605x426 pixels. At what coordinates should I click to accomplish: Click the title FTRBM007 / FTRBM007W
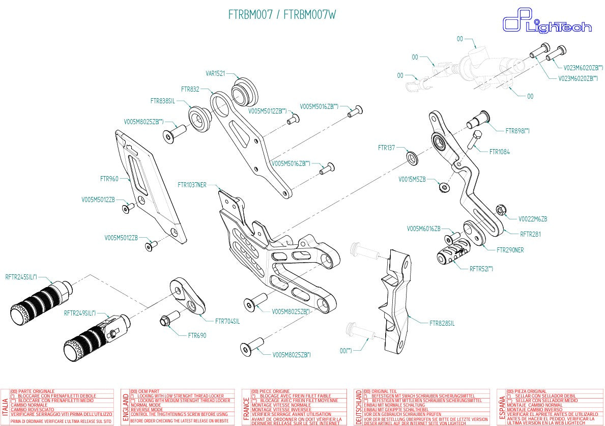point(281,15)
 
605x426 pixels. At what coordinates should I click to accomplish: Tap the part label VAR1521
point(215,73)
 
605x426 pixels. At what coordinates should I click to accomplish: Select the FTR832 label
point(190,89)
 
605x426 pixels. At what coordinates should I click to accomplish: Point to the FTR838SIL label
point(162,101)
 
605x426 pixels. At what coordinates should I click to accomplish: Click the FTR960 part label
point(109,179)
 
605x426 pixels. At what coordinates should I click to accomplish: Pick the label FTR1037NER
point(192,184)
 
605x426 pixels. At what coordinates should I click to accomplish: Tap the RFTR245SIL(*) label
point(21,277)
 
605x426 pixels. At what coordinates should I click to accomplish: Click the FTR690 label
point(197,335)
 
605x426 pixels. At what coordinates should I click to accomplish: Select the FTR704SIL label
point(227,321)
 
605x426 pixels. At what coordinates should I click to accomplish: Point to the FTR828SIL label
point(442,323)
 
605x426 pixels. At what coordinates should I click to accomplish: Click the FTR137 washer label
point(386,148)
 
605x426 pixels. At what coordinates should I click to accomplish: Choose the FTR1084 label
point(499,152)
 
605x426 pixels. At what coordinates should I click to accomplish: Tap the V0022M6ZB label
point(533,219)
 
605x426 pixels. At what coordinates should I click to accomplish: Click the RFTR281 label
point(530,235)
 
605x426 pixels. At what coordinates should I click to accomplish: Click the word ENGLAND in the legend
point(125,407)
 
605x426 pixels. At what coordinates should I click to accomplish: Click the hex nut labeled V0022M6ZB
point(500,209)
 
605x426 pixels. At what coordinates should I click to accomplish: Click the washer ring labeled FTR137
point(412,157)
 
